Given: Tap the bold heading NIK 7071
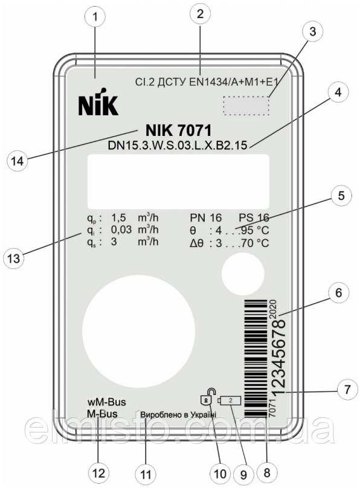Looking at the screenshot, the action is [179, 130].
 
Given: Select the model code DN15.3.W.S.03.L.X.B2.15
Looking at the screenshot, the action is [178, 146].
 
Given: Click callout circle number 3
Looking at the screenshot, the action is [312, 31].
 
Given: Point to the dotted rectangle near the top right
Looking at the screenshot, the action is [246, 106].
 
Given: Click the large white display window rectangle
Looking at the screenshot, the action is [178, 181].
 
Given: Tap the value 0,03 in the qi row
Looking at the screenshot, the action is [121, 230].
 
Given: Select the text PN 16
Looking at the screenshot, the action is [205, 218].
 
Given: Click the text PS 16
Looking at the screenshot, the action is [254, 218].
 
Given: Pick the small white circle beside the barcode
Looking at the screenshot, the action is [243, 274].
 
